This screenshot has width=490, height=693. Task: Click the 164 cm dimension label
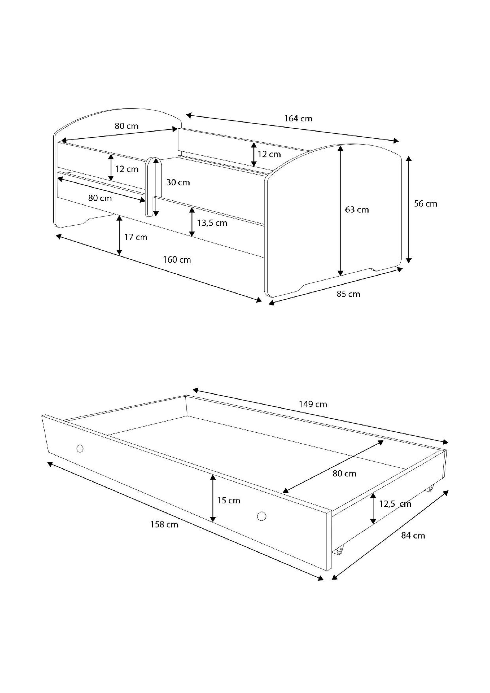[298, 118]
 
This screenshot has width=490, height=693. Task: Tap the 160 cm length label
[177, 260]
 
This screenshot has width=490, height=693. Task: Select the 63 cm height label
[357, 210]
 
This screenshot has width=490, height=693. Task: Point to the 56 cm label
[425, 204]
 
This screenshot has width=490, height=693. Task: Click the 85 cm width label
[348, 294]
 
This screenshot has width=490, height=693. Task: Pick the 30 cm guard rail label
[178, 182]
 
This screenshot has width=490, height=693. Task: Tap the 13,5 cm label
[212, 223]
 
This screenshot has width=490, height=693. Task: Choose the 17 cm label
[136, 237]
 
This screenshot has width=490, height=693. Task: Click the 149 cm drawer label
[313, 404]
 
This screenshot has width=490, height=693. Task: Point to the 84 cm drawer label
[413, 535]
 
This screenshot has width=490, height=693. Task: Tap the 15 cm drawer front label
[229, 500]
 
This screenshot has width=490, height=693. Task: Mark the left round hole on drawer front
[80, 449]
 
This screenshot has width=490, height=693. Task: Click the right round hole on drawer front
[262, 516]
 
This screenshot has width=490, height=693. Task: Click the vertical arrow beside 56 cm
[409, 209]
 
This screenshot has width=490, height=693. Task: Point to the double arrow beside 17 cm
[120, 235]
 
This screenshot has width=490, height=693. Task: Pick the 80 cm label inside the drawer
[344, 474]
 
